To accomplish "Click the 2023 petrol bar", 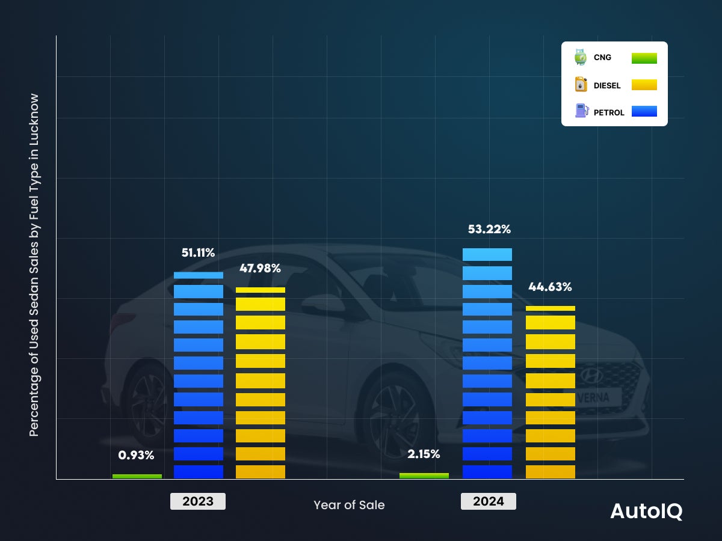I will (199, 376).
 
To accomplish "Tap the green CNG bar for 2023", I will (137, 476).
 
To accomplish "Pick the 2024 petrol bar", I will (487, 364).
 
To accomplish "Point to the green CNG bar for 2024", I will (424, 475).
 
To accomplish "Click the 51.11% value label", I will (199, 253).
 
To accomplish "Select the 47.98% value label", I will (260, 269).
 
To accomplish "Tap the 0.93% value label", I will (137, 456).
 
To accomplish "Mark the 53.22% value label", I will (489, 230).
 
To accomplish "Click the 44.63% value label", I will (550, 287).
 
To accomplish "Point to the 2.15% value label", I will (424, 454).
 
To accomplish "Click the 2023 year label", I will (198, 501).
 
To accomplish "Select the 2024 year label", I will (489, 501).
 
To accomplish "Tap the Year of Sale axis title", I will (349, 505).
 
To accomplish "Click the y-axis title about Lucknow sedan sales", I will (34, 264).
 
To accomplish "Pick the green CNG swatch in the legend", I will (644, 58).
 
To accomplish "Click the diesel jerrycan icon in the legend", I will (581, 85).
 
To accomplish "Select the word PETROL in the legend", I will (609, 112).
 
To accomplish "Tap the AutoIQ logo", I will (646, 511).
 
